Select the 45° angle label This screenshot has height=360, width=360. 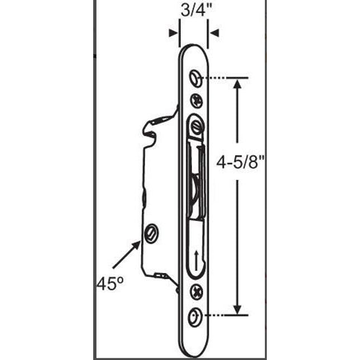[x=109, y=284]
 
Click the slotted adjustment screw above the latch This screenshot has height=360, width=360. [x=195, y=124]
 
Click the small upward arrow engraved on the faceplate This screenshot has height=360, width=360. [x=195, y=260]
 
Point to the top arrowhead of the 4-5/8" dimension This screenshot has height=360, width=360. [x=238, y=84]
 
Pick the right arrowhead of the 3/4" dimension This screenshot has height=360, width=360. [x=214, y=33]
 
